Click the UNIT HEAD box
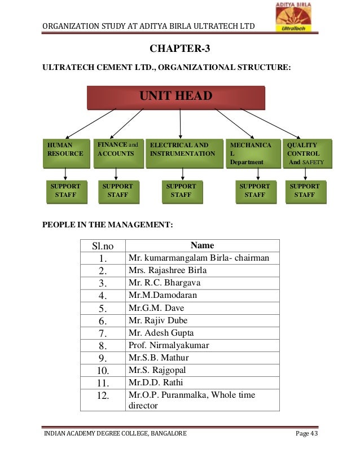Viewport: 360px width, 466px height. pos(175,96)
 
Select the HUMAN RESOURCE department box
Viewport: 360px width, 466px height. pos(66,153)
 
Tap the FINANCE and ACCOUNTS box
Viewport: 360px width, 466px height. pos(117,153)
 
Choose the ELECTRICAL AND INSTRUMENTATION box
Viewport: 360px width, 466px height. pos(183,153)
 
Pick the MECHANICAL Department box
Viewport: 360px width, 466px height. pos(252,153)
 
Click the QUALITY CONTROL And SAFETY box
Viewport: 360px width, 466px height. pos(307,153)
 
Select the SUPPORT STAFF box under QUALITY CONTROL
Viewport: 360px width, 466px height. pos(305,191)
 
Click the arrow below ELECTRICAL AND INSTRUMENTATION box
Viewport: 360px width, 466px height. pos(182,174)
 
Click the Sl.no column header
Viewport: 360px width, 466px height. pos(103,245)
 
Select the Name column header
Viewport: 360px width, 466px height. pos(202,245)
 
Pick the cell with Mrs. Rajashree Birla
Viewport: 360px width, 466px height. pos(202,270)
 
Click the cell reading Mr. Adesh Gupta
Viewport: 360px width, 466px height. pos(202,333)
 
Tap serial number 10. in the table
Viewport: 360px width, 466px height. pos(103,371)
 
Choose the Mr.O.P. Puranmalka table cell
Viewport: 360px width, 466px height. pos(202,400)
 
